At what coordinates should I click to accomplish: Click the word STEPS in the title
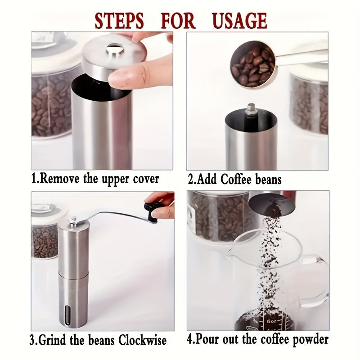click(x=119, y=21)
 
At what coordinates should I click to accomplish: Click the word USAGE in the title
click(x=240, y=21)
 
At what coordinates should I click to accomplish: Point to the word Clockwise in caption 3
click(x=142, y=340)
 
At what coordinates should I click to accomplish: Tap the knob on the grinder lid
click(x=115, y=49)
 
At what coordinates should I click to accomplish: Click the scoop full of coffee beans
click(x=252, y=64)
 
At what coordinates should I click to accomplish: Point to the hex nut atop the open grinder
click(x=251, y=109)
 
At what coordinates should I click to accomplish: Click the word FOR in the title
click(x=178, y=21)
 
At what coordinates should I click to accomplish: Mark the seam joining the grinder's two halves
click(x=72, y=274)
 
